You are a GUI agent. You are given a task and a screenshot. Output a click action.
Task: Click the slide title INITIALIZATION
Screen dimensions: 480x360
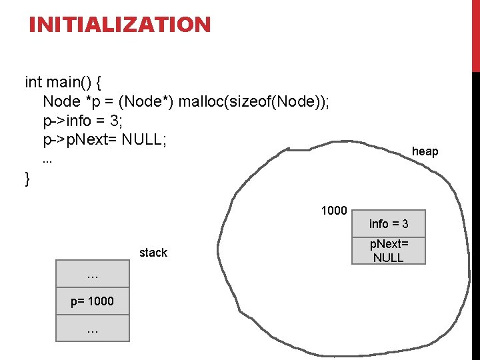click(119, 25)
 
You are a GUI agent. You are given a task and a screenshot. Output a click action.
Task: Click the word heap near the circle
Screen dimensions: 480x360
click(425, 151)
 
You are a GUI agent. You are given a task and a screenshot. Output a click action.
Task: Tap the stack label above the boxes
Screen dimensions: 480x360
click(153, 253)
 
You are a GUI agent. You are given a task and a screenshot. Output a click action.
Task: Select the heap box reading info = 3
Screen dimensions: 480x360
click(388, 224)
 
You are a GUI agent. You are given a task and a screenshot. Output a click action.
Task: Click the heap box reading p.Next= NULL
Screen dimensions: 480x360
click(388, 251)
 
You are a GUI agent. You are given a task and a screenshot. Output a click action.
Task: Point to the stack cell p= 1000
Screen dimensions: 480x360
click(92, 301)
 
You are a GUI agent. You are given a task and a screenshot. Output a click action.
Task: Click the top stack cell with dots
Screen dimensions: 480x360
click(92, 275)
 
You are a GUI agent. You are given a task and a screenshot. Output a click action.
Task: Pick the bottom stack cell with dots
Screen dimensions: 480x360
click(92, 328)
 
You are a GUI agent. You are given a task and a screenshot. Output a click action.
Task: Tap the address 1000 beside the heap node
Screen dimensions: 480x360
click(333, 211)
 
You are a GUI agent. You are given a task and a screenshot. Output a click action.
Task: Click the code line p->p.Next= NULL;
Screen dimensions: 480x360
click(105, 141)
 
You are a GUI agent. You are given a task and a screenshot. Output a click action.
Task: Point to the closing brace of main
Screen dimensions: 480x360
click(27, 179)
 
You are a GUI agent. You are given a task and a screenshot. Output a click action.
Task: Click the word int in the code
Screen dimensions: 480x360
click(33, 83)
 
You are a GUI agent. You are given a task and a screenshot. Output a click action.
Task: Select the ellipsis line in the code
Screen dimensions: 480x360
click(47, 161)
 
